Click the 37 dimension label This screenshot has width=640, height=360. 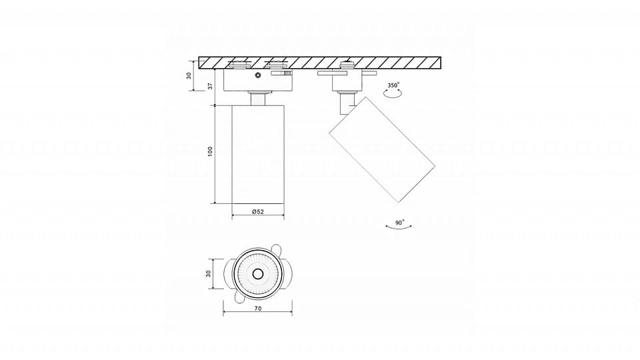pyautogui.click(x=210, y=86)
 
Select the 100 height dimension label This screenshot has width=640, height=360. pyautogui.click(x=210, y=151)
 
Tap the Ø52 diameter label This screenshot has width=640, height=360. pyautogui.click(x=258, y=211)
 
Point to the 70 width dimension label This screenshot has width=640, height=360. pyautogui.click(x=258, y=309)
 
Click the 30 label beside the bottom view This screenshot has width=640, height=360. pyautogui.click(x=208, y=273)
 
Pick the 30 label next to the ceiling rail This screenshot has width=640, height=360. pyautogui.click(x=189, y=75)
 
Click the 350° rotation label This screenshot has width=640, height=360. pyautogui.click(x=393, y=85)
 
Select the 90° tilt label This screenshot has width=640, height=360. pyautogui.click(x=400, y=223)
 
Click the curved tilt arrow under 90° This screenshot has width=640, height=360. pyautogui.click(x=399, y=228)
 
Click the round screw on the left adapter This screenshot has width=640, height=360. pyautogui.click(x=257, y=75)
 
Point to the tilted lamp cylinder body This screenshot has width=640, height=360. pyautogui.click(x=381, y=149)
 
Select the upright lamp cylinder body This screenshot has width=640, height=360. pyautogui.click(x=258, y=155)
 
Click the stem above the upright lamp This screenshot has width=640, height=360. pyautogui.click(x=258, y=99)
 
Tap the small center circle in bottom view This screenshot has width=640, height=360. pyautogui.click(x=257, y=274)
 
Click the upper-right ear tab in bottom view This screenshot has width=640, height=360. pyautogui.click(x=277, y=249)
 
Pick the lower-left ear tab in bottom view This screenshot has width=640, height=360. pyautogui.click(x=239, y=298)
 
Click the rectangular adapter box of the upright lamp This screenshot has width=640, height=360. pyautogui.click(x=258, y=80)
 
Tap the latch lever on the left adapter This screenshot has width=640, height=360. pyautogui.click(x=281, y=73)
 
